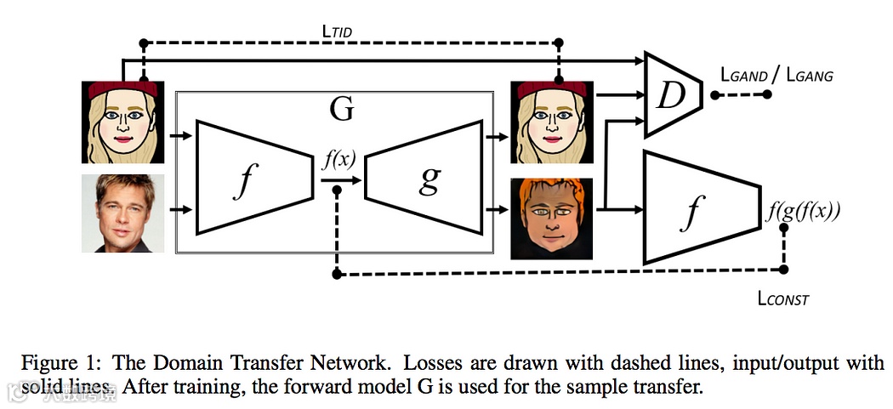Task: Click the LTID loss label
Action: tap(337, 32)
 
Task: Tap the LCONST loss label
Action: tap(782, 298)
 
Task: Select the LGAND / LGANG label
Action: tap(776, 76)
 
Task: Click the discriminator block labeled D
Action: tap(673, 94)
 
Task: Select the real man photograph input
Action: tap(122, 213)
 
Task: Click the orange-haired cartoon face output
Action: tap(549, 218)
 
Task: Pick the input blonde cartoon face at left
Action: tap(122, 122)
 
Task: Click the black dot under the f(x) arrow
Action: tap(338, 190)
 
